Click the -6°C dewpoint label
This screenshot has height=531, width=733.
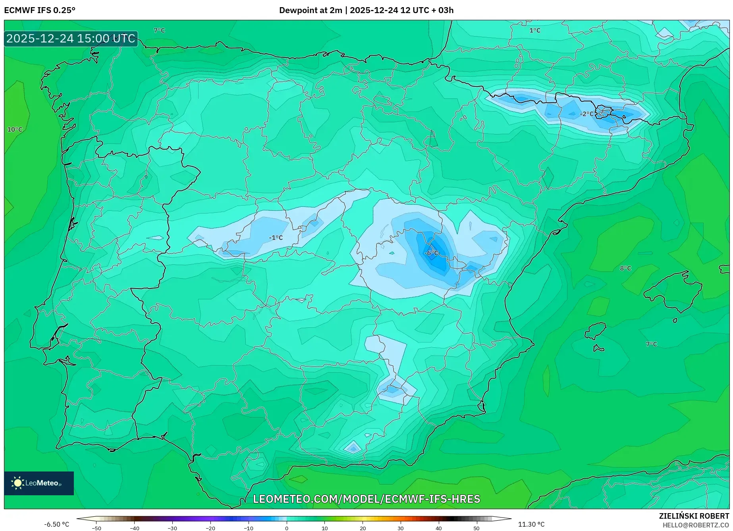432,253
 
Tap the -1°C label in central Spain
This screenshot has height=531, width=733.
276,238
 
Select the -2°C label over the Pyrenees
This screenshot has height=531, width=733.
587,114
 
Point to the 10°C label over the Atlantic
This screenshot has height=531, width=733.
15,129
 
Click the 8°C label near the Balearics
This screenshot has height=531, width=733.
625,268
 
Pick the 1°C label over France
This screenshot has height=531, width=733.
535,31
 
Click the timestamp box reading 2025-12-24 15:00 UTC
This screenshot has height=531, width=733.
71,38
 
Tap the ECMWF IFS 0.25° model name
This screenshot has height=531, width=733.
40,10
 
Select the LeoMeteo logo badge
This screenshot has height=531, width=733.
39,483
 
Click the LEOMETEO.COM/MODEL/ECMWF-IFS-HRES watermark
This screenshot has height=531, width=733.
366,499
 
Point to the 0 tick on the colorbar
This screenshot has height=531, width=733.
287,528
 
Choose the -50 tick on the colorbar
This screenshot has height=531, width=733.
96,528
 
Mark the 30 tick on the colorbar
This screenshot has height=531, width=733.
401,528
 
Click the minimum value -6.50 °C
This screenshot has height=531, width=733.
56,524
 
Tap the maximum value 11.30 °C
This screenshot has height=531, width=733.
531,524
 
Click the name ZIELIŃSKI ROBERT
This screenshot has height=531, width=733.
694,516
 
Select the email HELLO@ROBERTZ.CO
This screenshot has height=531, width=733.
696,525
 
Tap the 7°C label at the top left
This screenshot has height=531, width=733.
159,31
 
